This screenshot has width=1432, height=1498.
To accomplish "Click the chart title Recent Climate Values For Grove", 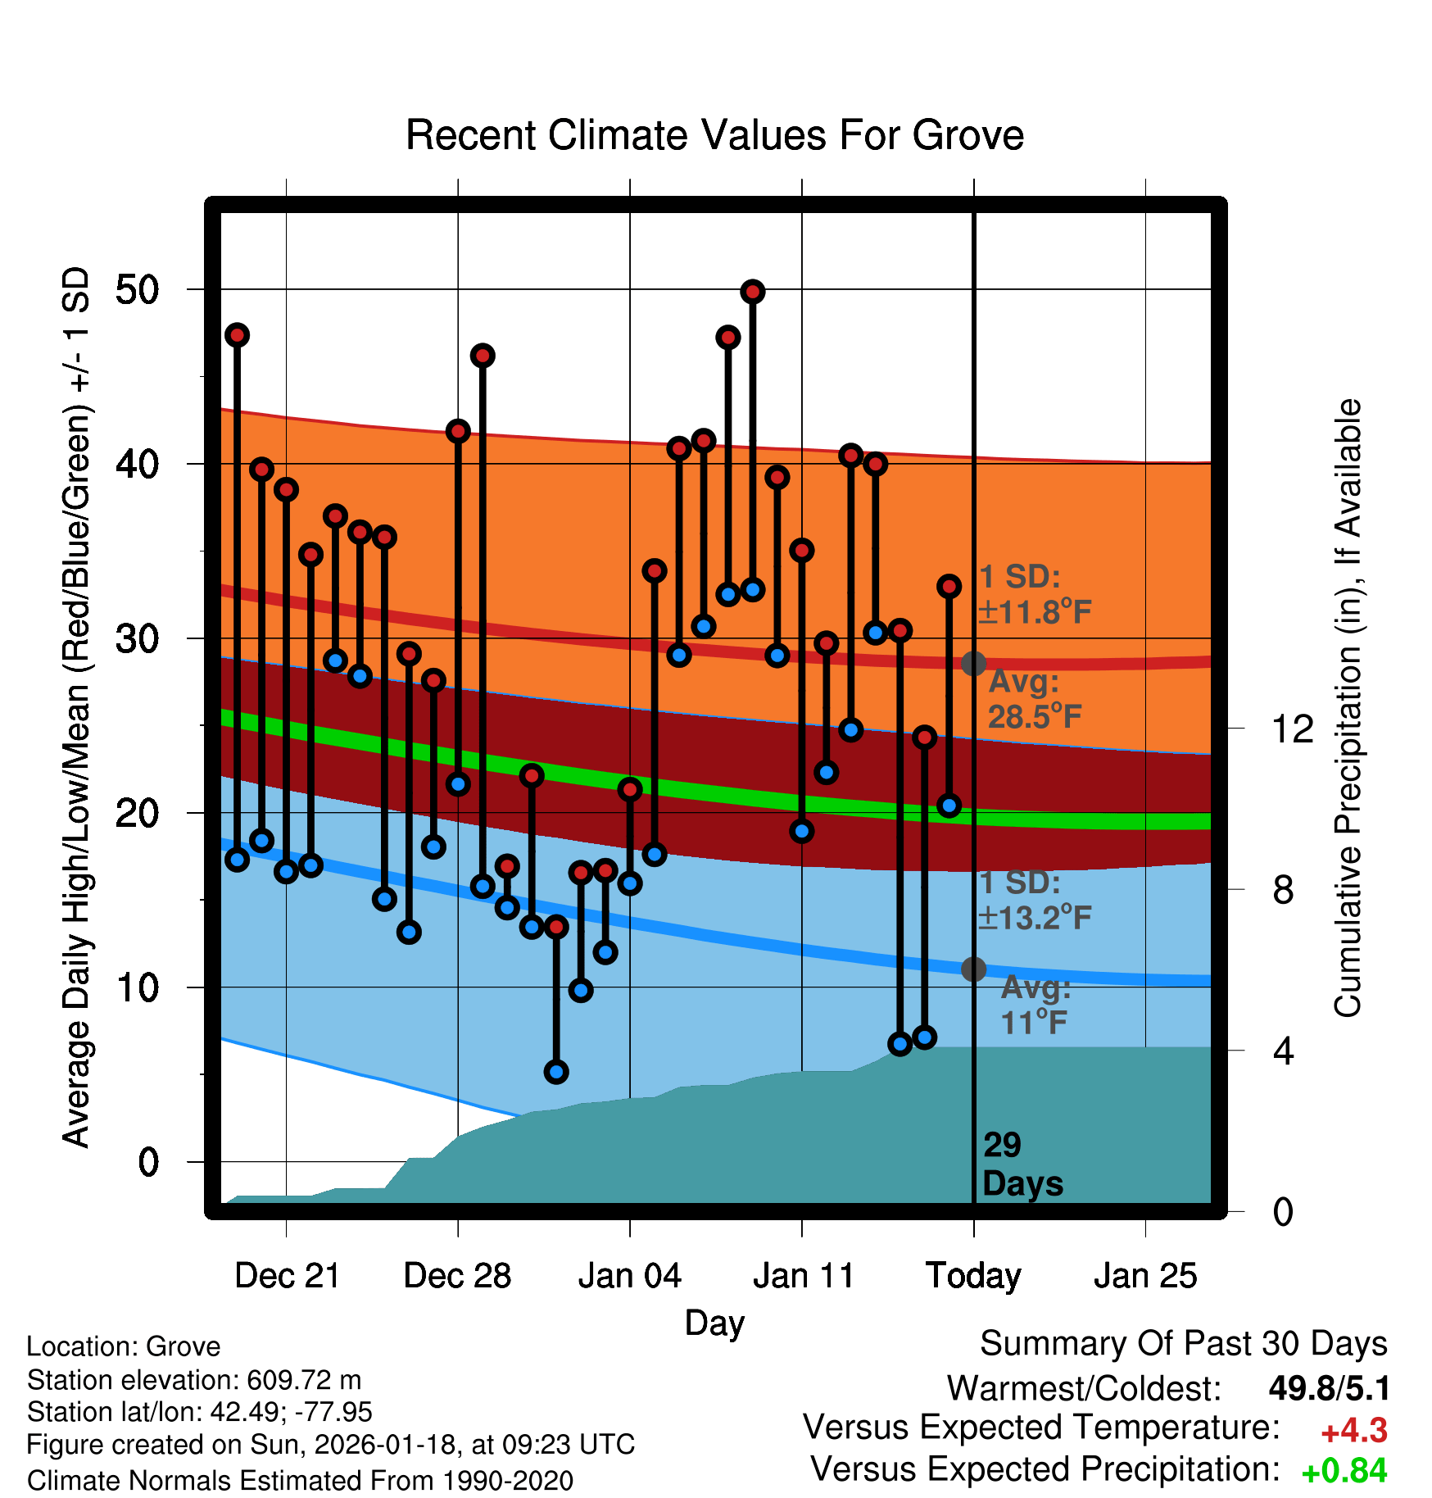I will coord(714,135).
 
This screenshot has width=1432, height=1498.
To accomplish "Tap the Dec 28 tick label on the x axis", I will coord(457,1276).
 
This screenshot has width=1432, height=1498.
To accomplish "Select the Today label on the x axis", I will coord(973,1276).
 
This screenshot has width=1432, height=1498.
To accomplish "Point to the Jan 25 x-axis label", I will coord(1145,1276).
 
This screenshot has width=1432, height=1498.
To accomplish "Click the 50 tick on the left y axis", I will coord(137,290).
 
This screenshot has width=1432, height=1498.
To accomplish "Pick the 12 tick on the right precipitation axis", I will coord(1292,729).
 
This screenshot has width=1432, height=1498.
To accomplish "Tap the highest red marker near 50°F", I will coord(753,292).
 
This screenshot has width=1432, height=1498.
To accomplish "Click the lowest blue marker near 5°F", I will coord(556,1072).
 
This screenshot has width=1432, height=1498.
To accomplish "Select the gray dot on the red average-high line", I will coord(973,663).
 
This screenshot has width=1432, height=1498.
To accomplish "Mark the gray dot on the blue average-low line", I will coord(973,969).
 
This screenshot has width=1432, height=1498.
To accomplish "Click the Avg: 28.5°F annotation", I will coord(1034,699).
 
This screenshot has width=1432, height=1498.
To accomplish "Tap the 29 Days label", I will coord(1022,1164).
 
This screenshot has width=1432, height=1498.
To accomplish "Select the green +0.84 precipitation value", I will coord(1344,1471).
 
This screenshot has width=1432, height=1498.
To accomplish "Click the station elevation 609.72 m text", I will coord(194,1380).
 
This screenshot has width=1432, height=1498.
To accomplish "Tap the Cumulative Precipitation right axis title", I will coord(1347,708).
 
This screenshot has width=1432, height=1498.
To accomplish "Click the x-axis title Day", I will coord(714,1323).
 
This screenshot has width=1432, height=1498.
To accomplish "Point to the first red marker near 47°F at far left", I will coord(237,335).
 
